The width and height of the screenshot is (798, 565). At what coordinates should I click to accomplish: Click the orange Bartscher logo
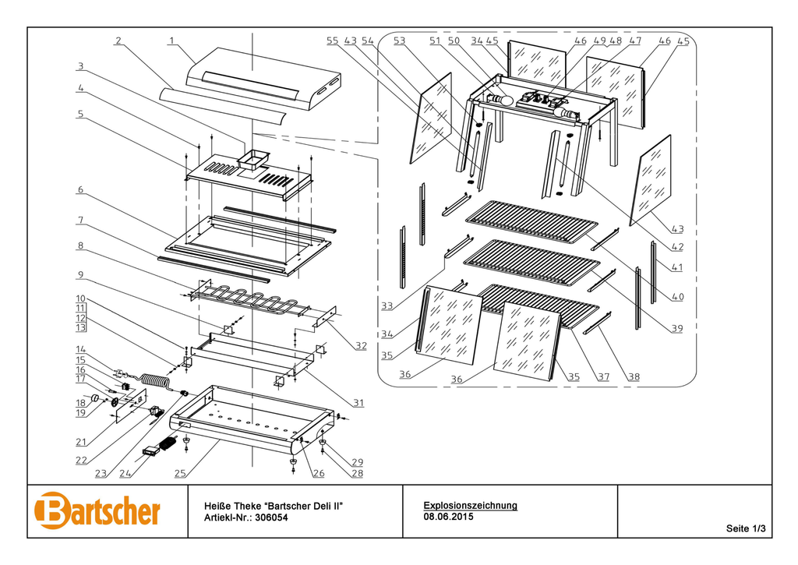[97, 510]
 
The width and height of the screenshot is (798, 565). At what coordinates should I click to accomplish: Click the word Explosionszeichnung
[470, 505]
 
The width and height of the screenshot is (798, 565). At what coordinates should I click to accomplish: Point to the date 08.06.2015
[448, 516]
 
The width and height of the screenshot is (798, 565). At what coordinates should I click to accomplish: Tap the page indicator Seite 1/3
[746, 529]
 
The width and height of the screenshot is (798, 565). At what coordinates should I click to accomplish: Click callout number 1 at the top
[171, 40]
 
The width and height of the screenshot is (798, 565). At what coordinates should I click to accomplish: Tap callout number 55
[333, 41]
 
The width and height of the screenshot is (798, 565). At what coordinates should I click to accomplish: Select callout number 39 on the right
[676, 328]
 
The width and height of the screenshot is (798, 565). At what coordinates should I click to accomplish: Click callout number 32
[360, 345]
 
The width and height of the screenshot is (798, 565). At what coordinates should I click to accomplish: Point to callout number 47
[635, 41]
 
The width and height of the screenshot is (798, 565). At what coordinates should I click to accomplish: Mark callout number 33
[387, 306]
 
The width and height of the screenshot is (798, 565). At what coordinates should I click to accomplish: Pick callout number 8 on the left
[79, 246]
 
